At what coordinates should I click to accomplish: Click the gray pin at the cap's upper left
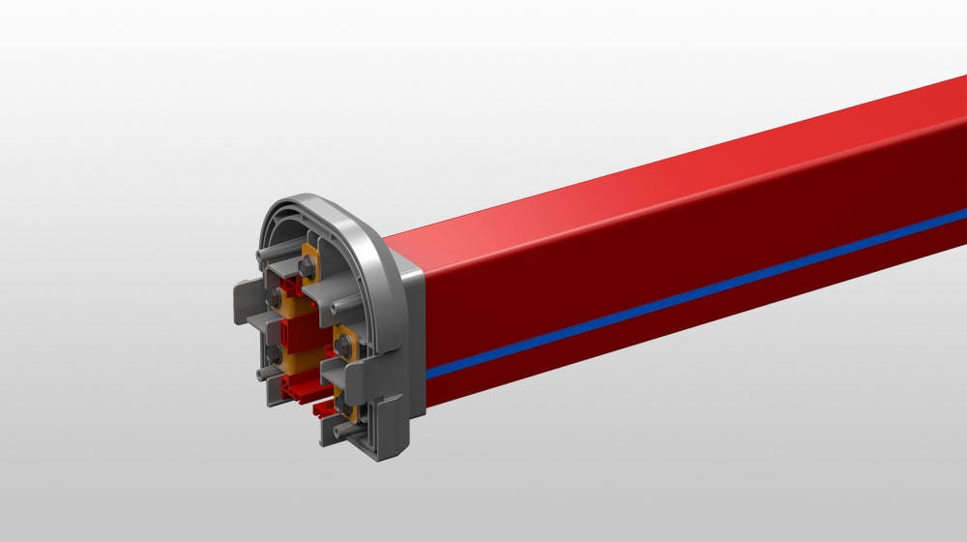point(261,256)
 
